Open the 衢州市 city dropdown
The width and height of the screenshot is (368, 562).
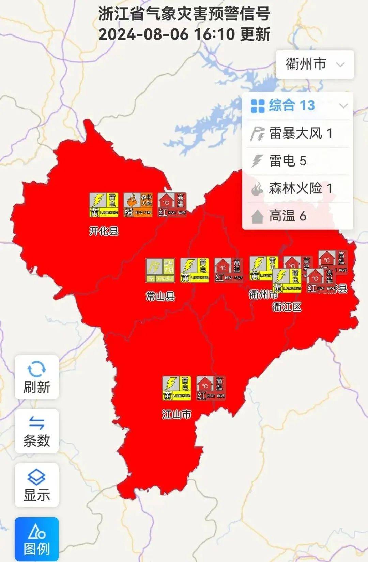point(315,64)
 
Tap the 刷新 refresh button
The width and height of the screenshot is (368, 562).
point(36,377)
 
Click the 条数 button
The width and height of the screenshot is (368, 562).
point(36,431)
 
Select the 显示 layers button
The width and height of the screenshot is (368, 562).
point(36,485)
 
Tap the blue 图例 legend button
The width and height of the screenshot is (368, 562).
point(36,539)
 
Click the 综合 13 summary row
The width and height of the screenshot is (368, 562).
point(297,105)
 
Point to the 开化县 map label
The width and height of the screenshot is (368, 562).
point(104,231)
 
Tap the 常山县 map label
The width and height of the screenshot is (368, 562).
point(160,296)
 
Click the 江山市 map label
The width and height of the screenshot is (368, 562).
point(176,414)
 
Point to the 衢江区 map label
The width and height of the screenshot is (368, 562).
point(287,307)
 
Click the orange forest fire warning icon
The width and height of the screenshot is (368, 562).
point(138,205)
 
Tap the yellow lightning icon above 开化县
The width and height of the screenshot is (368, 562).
point(104,205)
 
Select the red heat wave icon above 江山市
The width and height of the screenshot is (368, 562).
point(211,388)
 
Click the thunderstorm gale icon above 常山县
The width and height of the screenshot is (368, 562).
point(160,270)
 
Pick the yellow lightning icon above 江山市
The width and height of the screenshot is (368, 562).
point(177,388)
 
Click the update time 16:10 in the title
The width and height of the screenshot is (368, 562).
point(214,34)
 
